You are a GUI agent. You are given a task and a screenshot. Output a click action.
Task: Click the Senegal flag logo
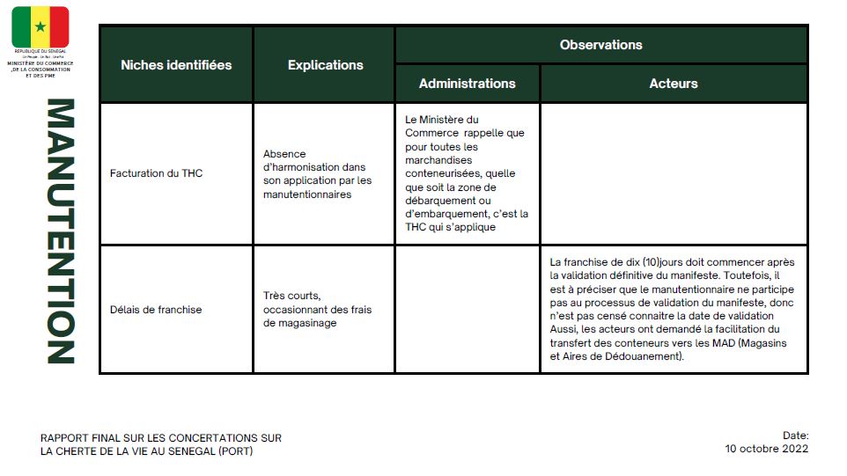(40, 27)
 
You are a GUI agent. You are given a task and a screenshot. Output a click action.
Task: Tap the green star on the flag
(40, 27)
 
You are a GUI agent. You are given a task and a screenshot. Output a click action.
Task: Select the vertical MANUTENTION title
(60, 231)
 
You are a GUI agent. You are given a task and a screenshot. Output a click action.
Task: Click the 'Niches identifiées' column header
(176, 65)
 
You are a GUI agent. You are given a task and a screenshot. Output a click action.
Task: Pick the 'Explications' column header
(325, 65)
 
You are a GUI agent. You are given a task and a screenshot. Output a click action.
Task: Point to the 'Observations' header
(600, 45)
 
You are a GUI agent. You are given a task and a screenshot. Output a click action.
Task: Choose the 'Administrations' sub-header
(467, 84)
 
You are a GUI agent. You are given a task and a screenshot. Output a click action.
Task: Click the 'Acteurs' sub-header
(674, 84)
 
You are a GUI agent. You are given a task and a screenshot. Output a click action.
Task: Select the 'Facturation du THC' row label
(156, 173)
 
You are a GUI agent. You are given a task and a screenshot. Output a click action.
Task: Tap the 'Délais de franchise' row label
(156, 310)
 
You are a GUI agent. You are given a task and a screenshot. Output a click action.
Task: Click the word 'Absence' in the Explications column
(284, 154)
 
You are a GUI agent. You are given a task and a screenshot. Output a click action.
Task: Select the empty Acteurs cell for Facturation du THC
(674, 173)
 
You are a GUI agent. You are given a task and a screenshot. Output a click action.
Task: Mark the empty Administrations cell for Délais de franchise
(467, 310)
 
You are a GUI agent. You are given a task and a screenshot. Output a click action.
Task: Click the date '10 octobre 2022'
(766, 449)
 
